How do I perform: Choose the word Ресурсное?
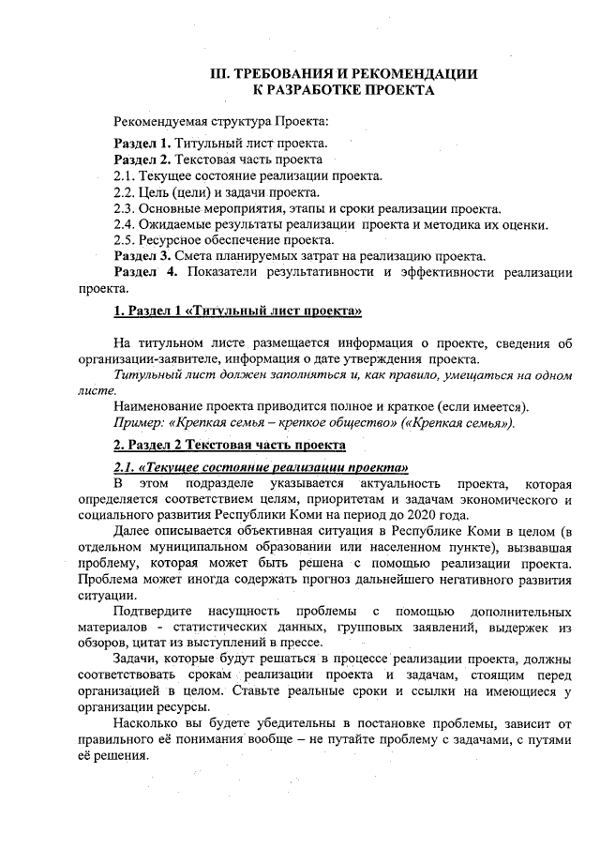169,239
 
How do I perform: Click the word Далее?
131,532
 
